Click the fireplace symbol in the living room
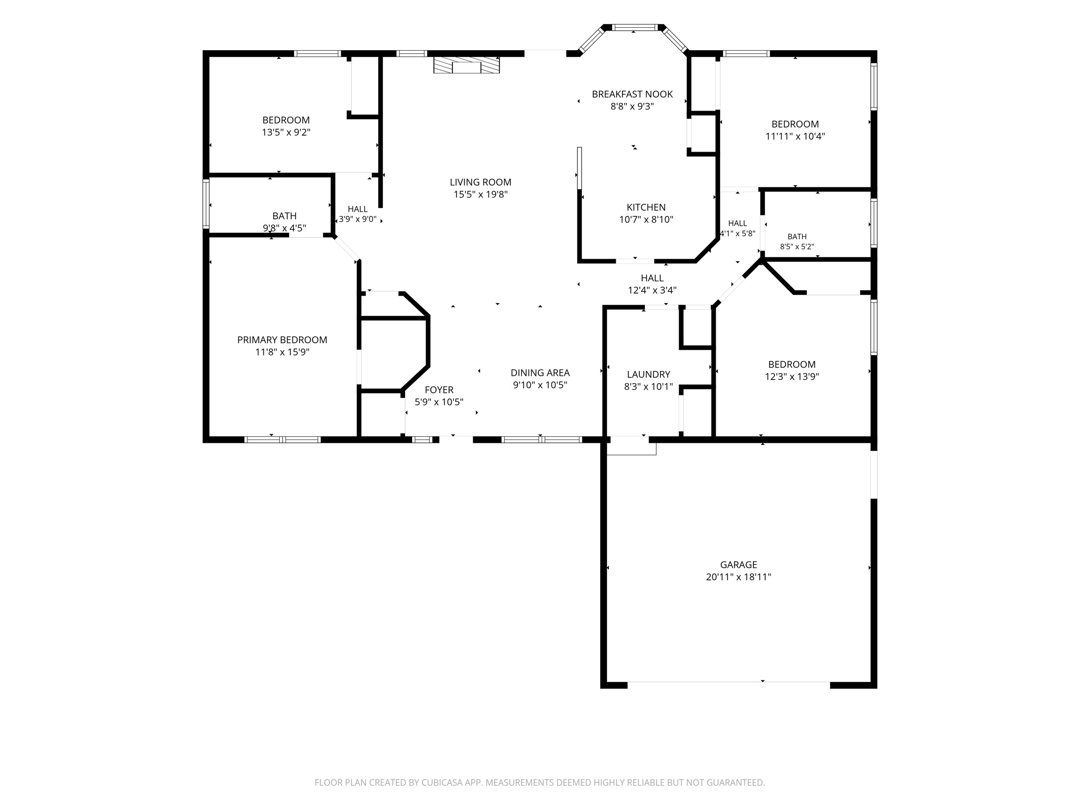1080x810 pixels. click(x=466, y=65)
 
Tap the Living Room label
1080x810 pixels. click(x=481, y=182)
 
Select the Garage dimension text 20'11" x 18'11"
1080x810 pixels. click(x=738, y=577)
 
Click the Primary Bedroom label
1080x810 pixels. click(x=282, y=340)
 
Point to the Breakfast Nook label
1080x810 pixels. click(x=632, y=94)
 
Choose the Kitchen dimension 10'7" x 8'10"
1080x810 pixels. click(x=646, y=220)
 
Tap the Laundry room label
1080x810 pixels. click(x=648, y=375)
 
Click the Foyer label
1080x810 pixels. click(x=439, y=390)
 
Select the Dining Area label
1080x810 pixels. click(x=540, y=373)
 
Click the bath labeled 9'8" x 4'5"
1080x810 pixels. click(x=284, y=216)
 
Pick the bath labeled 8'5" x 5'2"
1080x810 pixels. click(x=797, y=237)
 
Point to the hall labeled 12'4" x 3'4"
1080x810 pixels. click(x=652, y=278)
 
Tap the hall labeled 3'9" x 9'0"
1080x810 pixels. click(x=357, y=209)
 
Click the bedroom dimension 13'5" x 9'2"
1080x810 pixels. click(x=286, y=132)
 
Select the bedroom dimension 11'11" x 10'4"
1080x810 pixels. click(x=795, y=136)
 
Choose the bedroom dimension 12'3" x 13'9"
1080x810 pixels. click(x=791, y=377)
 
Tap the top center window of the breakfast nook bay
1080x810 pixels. click(x=635, y=27)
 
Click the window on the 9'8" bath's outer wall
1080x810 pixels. click(x=206, y=204)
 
